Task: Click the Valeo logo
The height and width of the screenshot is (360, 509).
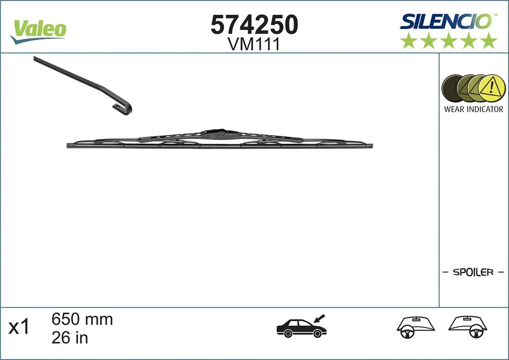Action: coord(38,32)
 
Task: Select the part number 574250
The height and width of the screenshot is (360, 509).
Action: coord(254,24)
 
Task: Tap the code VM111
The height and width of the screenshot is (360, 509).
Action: coord(253,44)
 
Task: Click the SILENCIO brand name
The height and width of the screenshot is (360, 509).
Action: coord(446,21)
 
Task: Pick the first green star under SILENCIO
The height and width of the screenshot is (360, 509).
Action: coord(408,41)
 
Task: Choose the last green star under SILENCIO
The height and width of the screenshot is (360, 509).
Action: coord(489,41)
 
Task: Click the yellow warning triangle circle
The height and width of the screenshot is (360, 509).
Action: coord(492,88)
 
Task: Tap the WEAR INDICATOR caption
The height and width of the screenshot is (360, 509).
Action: coord(473,109)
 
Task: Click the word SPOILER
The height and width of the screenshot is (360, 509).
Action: coord(473,272)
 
